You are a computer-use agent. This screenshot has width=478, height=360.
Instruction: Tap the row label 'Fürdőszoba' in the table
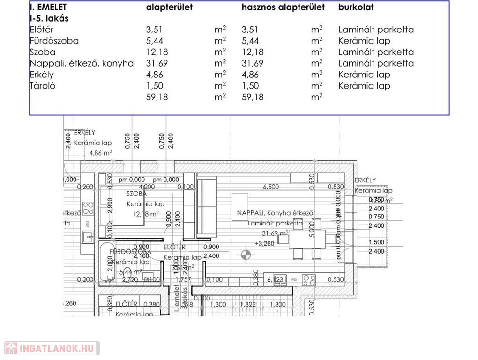click(x=54, y=41)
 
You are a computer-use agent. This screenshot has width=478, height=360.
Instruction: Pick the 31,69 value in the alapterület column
click(x=157, y=63)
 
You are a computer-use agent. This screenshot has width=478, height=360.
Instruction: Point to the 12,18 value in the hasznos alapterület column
click(x=253, y=52)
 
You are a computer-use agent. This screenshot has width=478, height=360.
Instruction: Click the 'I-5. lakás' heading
click(x=49, y=19)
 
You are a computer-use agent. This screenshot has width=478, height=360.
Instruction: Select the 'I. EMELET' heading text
click(x=48, y=7)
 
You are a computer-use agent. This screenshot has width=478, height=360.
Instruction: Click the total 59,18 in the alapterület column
click(x=157, y=97)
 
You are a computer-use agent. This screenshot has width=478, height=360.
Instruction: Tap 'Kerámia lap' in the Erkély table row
click(x=364, y=75)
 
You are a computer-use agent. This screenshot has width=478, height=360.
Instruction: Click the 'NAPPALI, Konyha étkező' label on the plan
click(x=275, y=213)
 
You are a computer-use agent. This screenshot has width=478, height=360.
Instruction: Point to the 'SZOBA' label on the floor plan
click(x=137, y=194)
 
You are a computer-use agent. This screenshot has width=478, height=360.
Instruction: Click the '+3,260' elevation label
click(x=265, y=244)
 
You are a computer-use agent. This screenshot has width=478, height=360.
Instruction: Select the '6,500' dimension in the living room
click(x=271, y=187)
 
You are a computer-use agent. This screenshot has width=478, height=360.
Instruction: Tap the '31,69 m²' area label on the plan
click(x=275, y=233)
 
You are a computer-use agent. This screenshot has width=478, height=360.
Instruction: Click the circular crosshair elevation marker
click(x=246, y=255)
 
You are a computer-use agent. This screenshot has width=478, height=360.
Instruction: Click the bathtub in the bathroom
click(x=106, y=262)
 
